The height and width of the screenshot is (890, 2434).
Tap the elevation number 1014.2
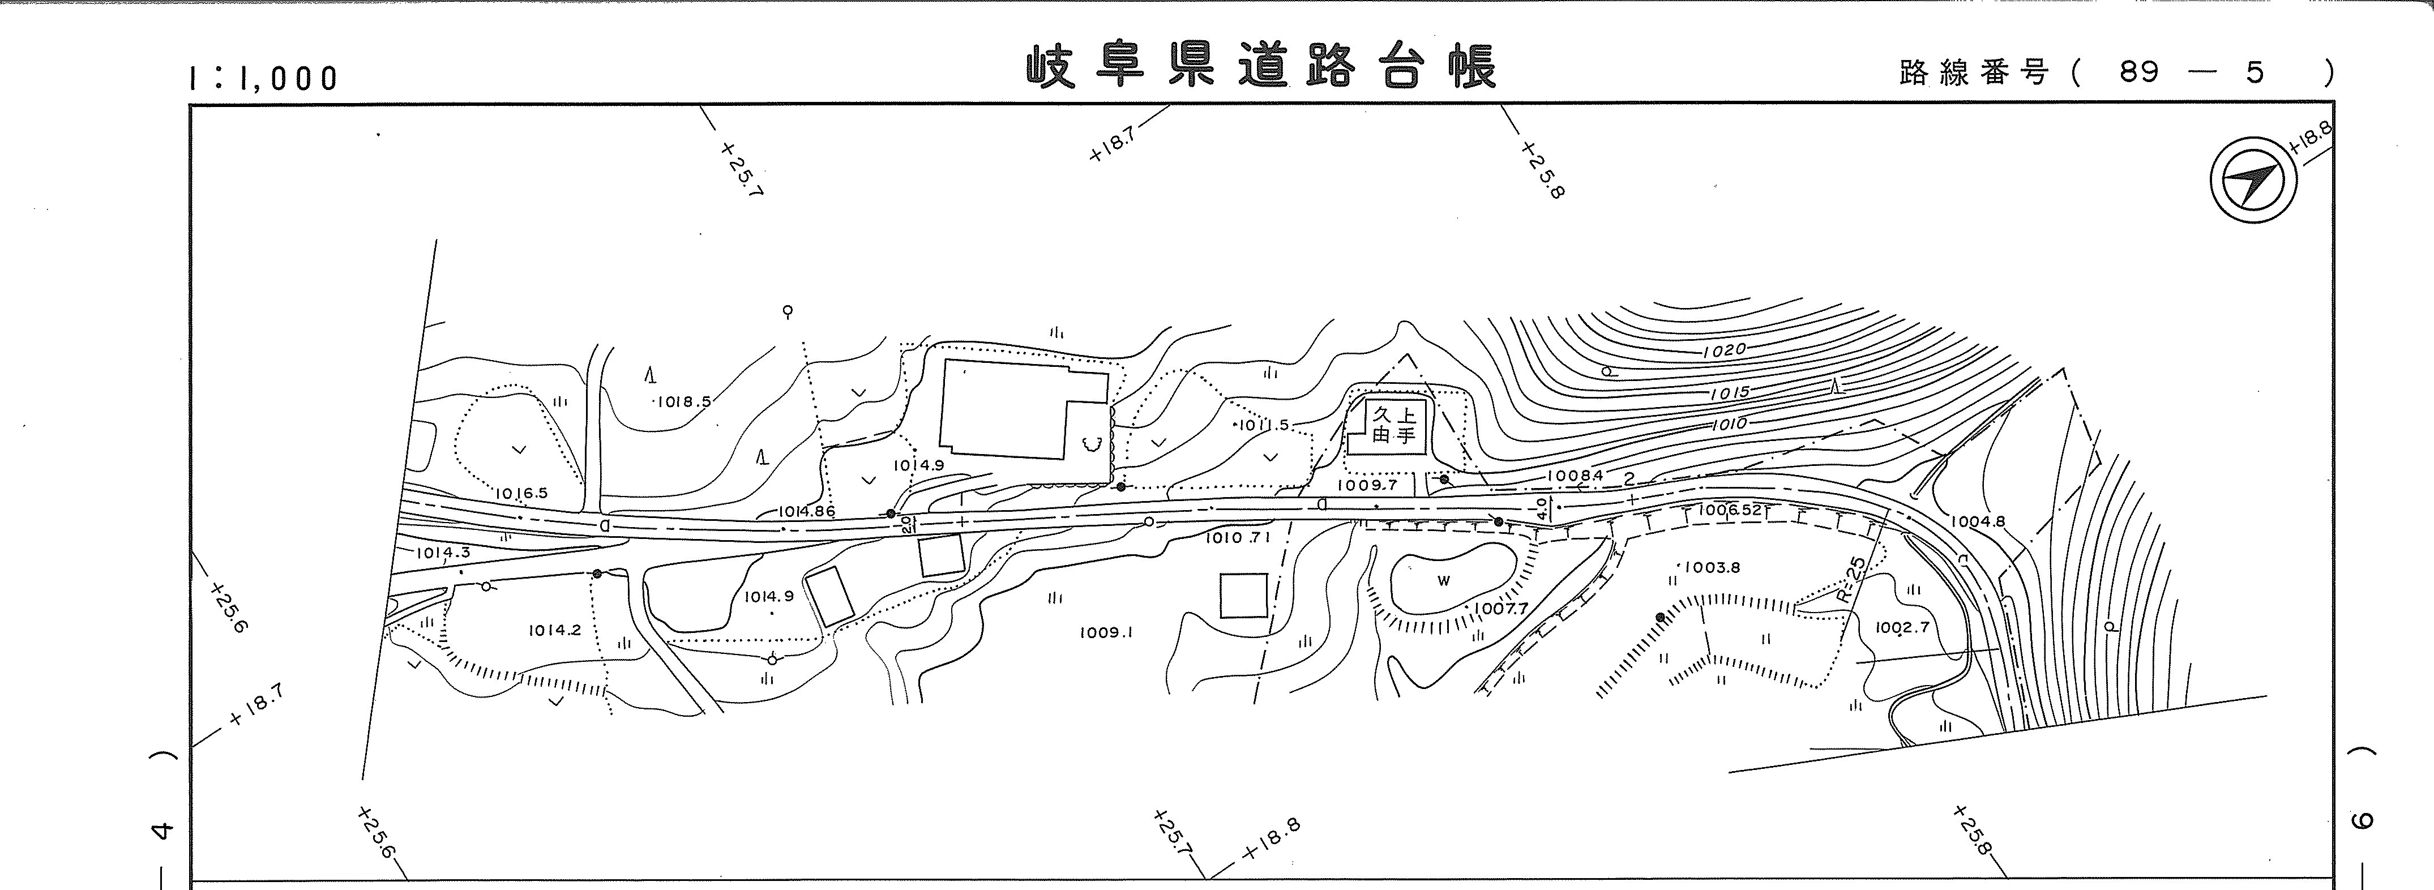point(555,630)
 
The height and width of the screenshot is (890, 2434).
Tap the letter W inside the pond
point(1443,581)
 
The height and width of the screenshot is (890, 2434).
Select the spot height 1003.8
point(1712,568)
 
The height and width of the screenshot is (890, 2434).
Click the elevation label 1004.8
point(1977,521)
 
